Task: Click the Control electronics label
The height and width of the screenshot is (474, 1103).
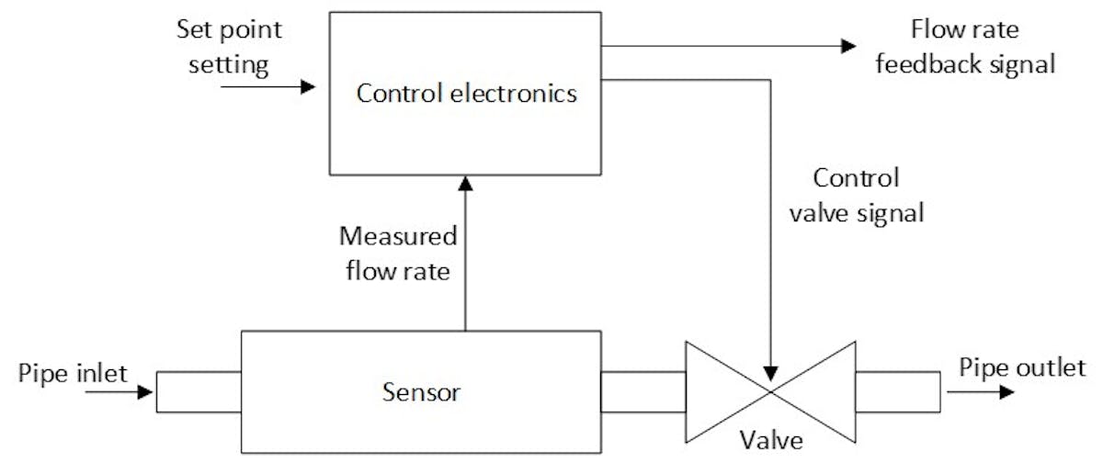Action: (x=467, y=93)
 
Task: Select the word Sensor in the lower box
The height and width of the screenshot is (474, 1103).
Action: (x=420, y=393)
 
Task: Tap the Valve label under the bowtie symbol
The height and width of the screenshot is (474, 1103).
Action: (x=771, y=440)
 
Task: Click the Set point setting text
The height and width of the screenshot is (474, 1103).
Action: (x=230, y=46)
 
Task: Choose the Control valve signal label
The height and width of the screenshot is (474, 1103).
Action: (x=869, y=195)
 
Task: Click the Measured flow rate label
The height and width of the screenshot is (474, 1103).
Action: (x=398, y=253)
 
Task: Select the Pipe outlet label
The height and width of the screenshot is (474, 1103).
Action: (x=1022, y=369)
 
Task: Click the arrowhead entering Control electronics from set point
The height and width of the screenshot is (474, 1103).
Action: (x=305, y=88)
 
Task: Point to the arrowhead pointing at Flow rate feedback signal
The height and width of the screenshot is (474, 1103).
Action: (x=847, y=46)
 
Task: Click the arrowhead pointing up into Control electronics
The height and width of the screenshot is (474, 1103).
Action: (x=467, y=185)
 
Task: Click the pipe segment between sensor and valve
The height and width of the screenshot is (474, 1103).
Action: (x=642, y=392)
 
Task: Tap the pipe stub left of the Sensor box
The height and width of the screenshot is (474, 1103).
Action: (x=198, y=392)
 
